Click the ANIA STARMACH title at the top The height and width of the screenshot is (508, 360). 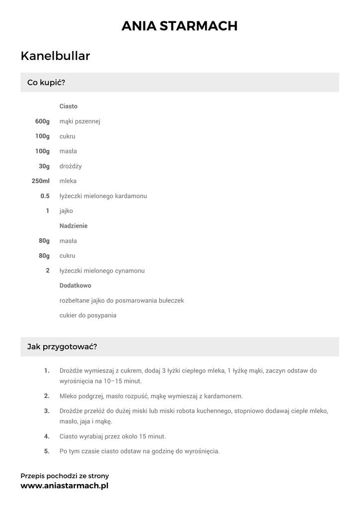[180, 26]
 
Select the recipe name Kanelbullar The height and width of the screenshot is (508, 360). [55, 56]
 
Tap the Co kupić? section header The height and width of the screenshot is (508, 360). [46, 82]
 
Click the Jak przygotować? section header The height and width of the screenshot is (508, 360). [62, 347]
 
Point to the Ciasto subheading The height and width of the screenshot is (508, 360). [69, 106]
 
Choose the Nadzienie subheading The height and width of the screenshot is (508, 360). [73, 226]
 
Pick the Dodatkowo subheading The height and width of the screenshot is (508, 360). [75, 286]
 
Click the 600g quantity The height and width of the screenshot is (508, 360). [42, 122]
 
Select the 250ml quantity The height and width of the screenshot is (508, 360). [41, 181]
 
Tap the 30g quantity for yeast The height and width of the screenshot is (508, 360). [44, 166]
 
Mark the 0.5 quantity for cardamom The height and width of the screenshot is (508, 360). [45, 196]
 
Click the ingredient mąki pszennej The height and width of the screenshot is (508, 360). [80, 122]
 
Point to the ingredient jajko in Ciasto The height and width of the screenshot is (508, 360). [66, 211]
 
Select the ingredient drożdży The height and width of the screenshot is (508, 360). [71, 166]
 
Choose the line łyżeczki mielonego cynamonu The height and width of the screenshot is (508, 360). [102, 271]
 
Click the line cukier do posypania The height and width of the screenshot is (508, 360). [88, 316]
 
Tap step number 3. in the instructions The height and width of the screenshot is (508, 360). [47, 411]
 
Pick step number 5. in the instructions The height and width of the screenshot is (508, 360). [47, 451]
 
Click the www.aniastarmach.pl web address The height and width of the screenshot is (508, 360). [64, 486]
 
